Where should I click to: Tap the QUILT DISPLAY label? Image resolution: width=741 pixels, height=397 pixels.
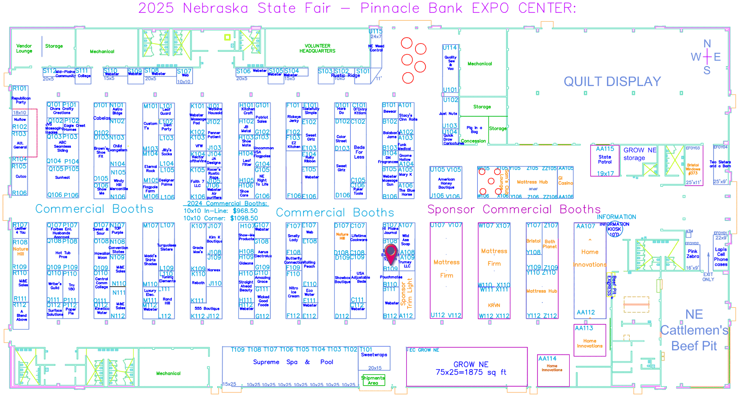[x=612, y=82]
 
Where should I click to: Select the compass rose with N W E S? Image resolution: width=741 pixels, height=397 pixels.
[x=707, y=57]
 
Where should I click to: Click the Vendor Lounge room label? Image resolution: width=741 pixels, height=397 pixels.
[x=24, y=48]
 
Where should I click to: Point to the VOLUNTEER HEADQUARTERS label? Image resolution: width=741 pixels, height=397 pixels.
[x=317, y=48]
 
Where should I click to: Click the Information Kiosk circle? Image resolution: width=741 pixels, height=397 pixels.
[x=614, y=229]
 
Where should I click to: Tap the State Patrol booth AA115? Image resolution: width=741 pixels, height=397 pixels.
[x=605, y=160]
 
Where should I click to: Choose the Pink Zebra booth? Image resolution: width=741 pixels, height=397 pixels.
[x=692, y=254]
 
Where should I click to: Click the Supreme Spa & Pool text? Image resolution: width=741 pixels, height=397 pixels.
[x=293, y=362]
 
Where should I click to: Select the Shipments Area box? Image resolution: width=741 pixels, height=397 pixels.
[x=373, y=380]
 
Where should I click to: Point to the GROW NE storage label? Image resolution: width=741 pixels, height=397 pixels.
[x=640, y=154]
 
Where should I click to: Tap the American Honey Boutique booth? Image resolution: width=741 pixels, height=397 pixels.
[x=446, y=183]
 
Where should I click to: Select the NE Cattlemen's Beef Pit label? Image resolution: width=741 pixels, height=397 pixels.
[x=694, y=330]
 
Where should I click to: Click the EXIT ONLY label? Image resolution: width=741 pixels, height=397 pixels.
[x=708, y=277]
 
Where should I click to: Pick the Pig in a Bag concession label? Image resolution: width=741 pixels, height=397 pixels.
[x=474, y=130]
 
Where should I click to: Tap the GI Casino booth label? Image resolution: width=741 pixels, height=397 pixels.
[x=565, y=181]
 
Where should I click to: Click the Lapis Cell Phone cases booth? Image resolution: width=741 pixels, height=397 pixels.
[x=721, y=256]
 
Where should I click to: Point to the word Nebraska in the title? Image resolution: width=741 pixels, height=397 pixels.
[x=216, y=8]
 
